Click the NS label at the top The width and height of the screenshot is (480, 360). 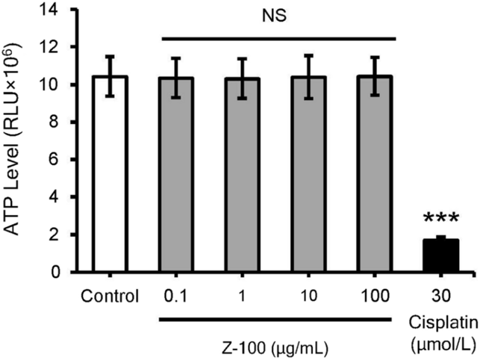click(x=277, y=13)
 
